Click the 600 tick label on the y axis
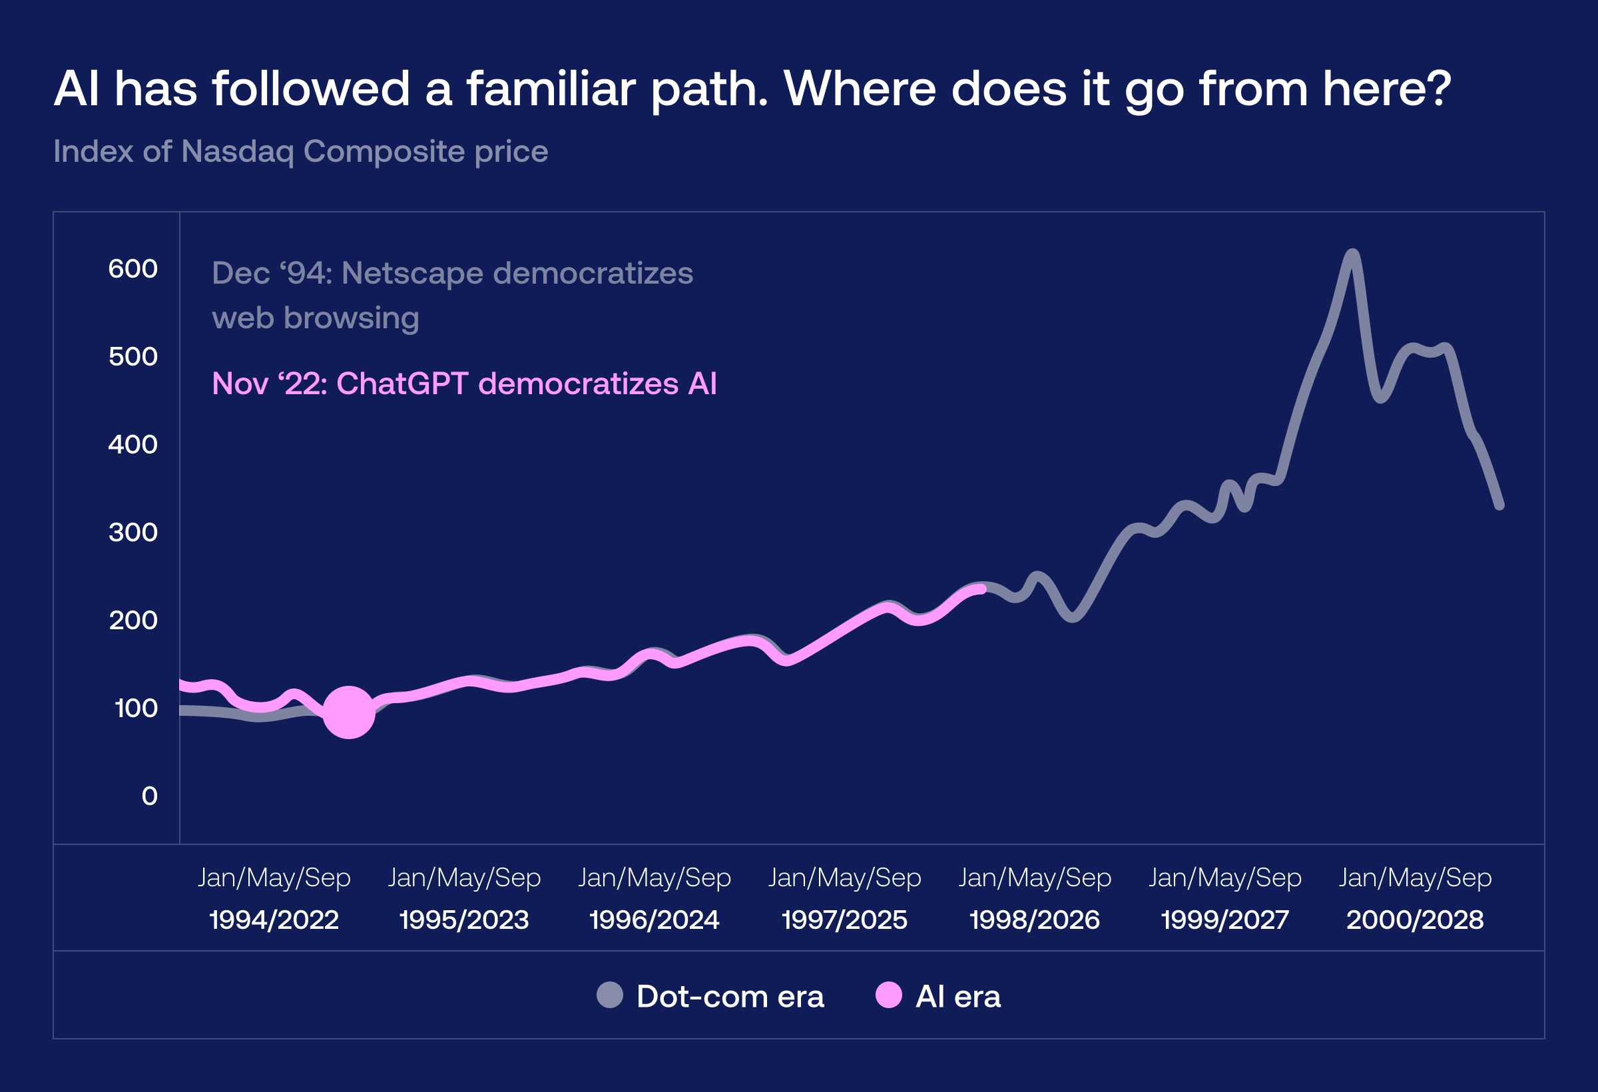133,269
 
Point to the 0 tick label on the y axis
149,796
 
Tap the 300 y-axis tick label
133,532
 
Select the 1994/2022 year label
274,920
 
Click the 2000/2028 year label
1414,920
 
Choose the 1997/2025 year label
844,920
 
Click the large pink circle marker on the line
349,712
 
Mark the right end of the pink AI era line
983,589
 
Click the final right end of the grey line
1500,506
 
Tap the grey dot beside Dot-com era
609,995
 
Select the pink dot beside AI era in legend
888,995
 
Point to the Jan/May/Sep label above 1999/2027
1224,878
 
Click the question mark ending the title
1438,89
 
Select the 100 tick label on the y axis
135,708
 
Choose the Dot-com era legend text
730,996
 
